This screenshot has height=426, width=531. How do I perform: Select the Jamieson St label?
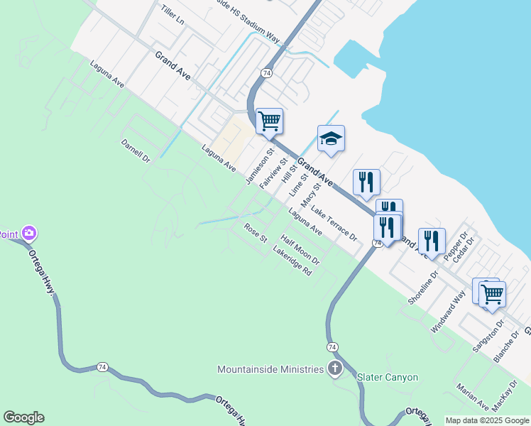pyautogui.click(x=260, y=168)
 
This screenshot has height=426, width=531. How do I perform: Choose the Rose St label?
pyautogui.click(x=255, y=233)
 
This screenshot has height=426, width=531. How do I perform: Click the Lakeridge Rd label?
pyautogui.click(x=292, y=262)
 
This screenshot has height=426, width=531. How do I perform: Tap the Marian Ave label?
pyautogui.click(x=473, y=397)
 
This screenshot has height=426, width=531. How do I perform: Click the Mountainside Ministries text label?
pyautogui.click(x=270, y=369)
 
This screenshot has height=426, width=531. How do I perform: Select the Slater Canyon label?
pyautogui.click(x=387, y=377)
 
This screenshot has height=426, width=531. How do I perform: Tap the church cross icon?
pyautogui.click(x=334, y=368)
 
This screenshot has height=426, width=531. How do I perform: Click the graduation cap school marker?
pyautogui.click(x=331, y=138)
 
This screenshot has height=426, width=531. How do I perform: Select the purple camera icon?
pyautogui.click(x=29, y=232)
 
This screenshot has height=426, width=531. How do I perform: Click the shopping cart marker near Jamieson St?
pyautogui.click(x=270, y=121)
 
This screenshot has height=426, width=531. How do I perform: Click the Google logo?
pyautogui.click(x=23, y=417)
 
